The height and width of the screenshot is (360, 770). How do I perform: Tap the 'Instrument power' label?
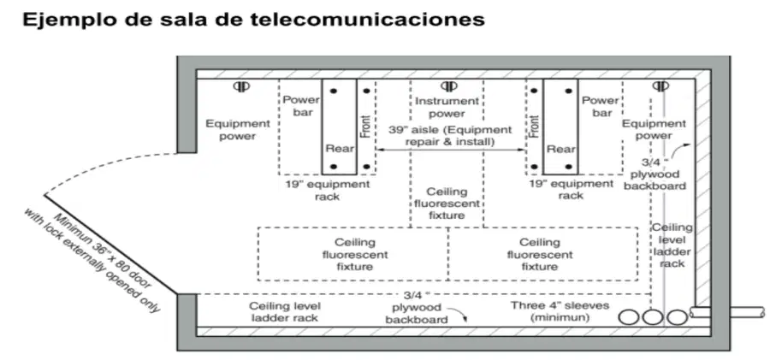pyautogui.click(x=447, y=107)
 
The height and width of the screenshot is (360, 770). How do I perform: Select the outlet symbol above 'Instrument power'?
pyautogui.click(x=447, y=86)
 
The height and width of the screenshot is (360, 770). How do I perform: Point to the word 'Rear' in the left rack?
pyautogui.click(x=340, y=148)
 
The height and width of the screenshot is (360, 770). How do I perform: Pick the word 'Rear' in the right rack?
pyautogui.click(x=560, y=149)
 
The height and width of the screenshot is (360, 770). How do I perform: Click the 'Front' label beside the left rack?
pyautogui.click(x=364, y=127)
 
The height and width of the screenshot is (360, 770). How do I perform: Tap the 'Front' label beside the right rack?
pyautogui.click(x=535, y=127)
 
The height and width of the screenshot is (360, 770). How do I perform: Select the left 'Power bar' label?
pyautogui.click(x=301, y=105)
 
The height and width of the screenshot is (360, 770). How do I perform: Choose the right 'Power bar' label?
pyautogui.click(x=600, y=106)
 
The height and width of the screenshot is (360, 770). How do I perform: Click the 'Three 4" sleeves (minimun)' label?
pyautogui.click(x=560, y=311)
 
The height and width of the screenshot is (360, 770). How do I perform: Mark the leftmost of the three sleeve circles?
pyautogui.click(x=629, y=317)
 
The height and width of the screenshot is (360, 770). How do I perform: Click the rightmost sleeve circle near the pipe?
pyautogui.click(x=678, y=317)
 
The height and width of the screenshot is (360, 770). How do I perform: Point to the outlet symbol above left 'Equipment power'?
pyautogui.click(x=241, y=86)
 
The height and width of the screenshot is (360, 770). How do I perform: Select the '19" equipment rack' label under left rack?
pyautogui.click(x=327, y=190)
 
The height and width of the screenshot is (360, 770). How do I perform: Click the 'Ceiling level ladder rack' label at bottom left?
pyautogui.click(x=285, y=311)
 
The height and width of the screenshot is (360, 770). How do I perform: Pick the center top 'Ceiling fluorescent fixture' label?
pyautogui.click(x=447, y=203)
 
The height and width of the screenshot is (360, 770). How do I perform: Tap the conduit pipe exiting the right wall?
pyautogui.click(x=726, y=312)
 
